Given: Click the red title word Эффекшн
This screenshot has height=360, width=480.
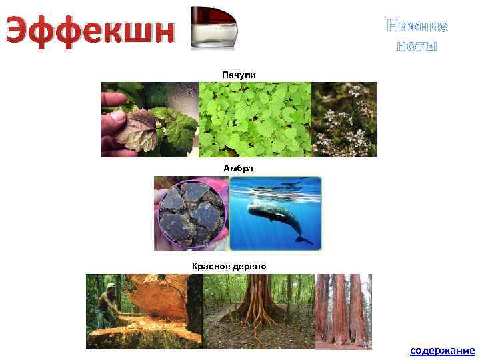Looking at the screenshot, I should coord(91,31).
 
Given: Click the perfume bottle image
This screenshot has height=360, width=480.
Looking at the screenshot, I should coord(214,27).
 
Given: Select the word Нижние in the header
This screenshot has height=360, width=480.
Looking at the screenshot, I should coord(417,27).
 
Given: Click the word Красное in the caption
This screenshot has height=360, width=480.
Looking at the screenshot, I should coord(210,266).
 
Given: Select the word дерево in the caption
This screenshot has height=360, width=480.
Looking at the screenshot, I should coord(248,266).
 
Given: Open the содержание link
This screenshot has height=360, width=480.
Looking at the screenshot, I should coord(442,350).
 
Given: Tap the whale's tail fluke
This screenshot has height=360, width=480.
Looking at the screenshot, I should coord(303,237).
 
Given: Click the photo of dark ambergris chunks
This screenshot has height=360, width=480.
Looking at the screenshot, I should coord(191,213).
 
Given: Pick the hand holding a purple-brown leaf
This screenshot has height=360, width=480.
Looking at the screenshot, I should coord(130,127).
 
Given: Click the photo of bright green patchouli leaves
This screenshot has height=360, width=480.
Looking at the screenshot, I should coord(255,119).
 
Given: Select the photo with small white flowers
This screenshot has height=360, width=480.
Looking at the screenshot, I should coord(344,119).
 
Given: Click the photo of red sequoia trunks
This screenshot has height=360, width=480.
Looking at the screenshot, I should coord(343,311).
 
